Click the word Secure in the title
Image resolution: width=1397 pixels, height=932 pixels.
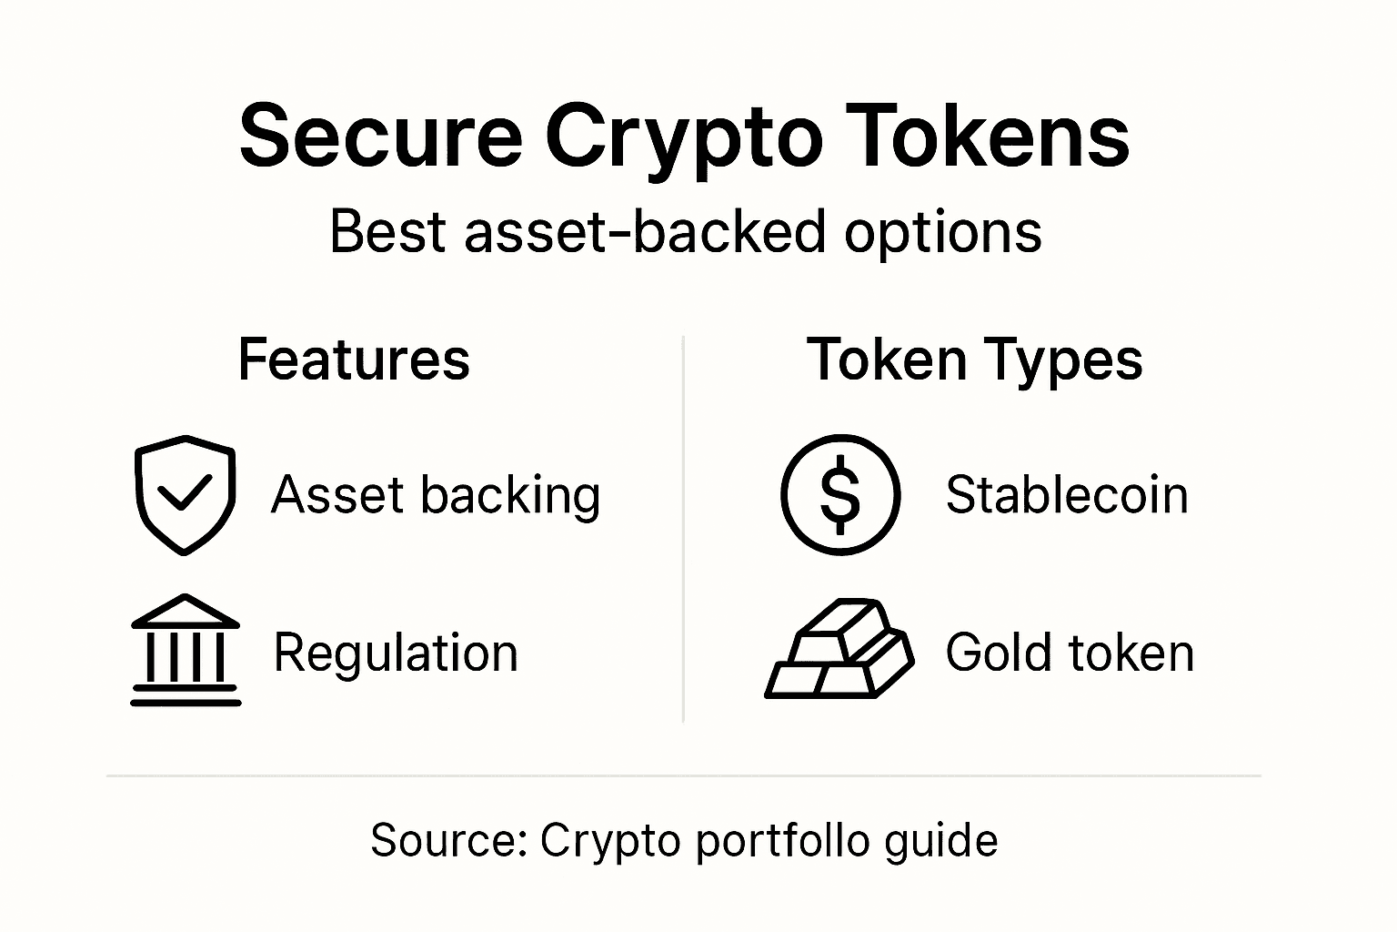click(x=379, y=137)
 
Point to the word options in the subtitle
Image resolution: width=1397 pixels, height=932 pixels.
click(x=943, y=232)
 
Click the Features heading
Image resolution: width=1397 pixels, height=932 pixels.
click(x=354, y=360)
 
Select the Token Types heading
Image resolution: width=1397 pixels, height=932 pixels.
click(x=974, y=360)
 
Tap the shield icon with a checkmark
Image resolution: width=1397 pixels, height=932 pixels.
click(x=185, y=494)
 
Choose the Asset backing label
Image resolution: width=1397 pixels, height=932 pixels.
click(x=436, y=495)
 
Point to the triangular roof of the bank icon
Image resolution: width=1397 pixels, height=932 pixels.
click(x=186, y=611)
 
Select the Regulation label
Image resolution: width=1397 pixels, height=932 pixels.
click(x=396, y=653)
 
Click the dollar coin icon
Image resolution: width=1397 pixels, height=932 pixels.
click(x=840, y=494)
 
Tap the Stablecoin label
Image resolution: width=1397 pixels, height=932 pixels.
click(x=1067, y=495)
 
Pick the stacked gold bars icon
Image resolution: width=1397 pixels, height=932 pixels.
click(x=839, y=649)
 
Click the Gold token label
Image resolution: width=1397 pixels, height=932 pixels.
click(x=1070, y=653)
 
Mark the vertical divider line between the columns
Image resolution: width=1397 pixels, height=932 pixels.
click(x=683, y=528)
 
